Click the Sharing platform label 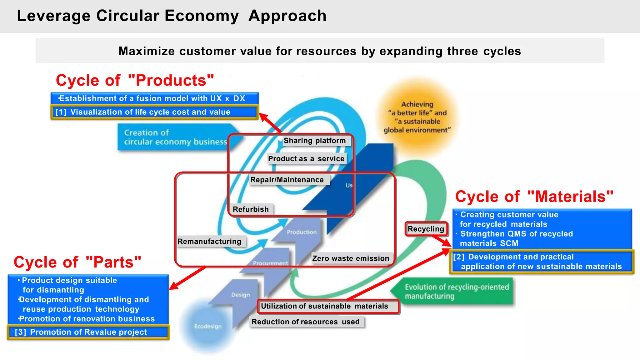point(314,141)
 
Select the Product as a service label point(306,159)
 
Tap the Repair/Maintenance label point(287,180)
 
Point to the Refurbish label point(251,209)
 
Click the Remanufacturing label point(209,242)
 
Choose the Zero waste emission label point(351,258)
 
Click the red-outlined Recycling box point(426,229)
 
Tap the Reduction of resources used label point(306,322)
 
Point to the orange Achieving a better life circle point(417,117)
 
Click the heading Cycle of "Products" point(135,80)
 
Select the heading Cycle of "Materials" point(534,197)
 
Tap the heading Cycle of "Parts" point(77,262)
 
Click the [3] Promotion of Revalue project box point(88,332)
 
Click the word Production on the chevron point(302,232)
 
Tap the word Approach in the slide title point(287,16)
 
